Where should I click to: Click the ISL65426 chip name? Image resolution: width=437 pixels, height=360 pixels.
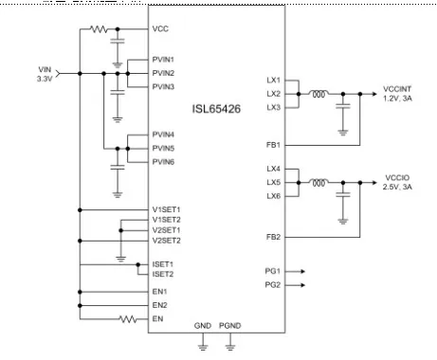point(216,109)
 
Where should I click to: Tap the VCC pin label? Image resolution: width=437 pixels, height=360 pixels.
point(160,28)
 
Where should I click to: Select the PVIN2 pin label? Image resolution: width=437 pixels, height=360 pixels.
point(163,73)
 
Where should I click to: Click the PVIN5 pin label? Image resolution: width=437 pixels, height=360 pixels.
point(163,148)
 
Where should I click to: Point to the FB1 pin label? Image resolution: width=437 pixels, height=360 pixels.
point(273,145)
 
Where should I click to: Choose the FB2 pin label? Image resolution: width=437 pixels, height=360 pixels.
point(273,237)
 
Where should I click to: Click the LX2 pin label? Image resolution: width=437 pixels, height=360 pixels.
point(274,94)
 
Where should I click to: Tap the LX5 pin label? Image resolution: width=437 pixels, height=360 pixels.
point(274,183)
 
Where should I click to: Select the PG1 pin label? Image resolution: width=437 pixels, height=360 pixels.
point(273,271)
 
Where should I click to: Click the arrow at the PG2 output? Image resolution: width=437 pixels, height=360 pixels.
point(295,285)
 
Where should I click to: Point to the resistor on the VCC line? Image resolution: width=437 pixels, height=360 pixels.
point(99,29)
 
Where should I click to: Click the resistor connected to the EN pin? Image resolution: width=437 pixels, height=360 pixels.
point(128,319)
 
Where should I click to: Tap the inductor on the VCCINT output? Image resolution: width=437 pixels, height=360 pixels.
point(319,94)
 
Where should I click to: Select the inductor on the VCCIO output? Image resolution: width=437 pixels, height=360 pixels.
point(319,183)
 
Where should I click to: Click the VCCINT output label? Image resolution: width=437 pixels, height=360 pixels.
point(397,94)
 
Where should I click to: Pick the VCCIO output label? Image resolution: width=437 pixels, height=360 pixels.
point(397,182)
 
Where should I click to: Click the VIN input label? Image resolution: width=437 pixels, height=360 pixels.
point(45,74)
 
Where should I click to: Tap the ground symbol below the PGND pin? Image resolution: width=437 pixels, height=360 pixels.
point(230,347)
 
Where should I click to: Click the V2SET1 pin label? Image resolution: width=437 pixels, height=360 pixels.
point(166,230)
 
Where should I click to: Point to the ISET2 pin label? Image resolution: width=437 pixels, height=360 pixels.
point(163,274)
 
